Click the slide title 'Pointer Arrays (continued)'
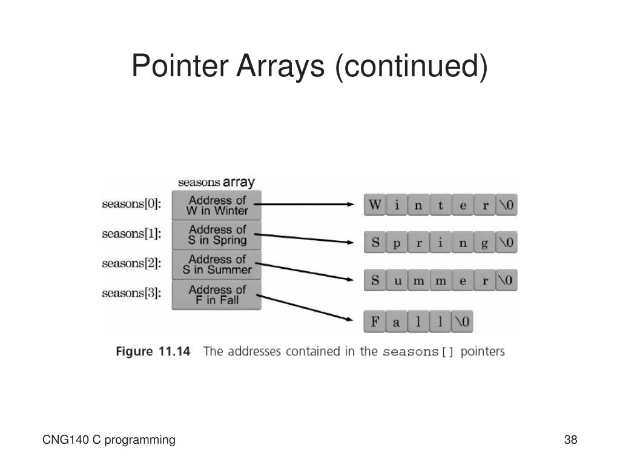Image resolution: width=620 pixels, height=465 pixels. coord(309,65)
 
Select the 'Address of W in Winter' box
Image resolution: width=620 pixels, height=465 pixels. coord(217,206)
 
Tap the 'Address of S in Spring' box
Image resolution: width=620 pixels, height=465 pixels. coord(217,235)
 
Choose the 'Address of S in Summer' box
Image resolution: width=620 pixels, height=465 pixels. coord(217,265)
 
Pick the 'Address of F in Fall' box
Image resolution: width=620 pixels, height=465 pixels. coord(217,294)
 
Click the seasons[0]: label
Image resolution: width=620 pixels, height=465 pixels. coord(131,205)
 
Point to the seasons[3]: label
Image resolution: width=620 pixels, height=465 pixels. coord(131,294)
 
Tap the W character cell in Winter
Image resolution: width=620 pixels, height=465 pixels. coord(375,205)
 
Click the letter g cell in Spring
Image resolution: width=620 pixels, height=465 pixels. coord(484,243)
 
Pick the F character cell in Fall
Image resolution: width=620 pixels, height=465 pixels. coord(375,322)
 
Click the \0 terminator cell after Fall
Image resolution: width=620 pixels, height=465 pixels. coord(462,322)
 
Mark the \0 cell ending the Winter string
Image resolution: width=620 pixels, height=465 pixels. coord(506,205)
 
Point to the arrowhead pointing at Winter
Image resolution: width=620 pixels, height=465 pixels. coord(350,205)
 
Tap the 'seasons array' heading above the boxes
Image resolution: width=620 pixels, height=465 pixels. coord(216,182)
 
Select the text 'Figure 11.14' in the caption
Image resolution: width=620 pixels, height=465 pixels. coord(153,352)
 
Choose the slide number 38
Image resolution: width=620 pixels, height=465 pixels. coord(570,440)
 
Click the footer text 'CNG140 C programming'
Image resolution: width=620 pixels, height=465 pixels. coord(109,440)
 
